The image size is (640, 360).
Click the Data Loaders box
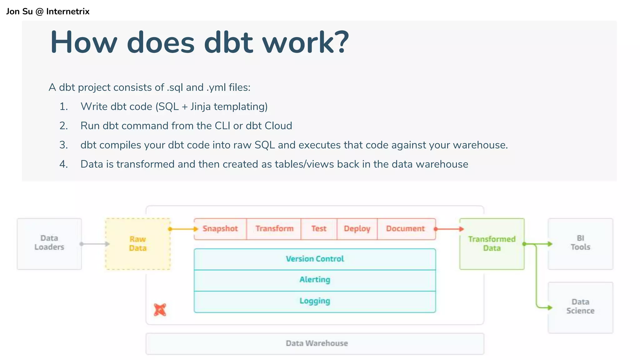tap(49, 243)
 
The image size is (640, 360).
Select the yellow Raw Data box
tap(138, 244)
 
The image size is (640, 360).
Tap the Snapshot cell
tap(220, 229)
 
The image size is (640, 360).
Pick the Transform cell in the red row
tap(274, 229)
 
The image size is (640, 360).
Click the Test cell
tap(319, 229)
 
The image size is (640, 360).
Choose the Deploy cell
tap(357, 229)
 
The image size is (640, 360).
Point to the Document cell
tap(405, 229)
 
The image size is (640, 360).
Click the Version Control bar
tap(315, 259)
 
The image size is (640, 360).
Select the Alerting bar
tap(315, 280)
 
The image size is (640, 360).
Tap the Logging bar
tap(315, 301)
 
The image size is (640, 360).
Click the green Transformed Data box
tap(492, 244)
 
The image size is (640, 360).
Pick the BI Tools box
tap(580, 243)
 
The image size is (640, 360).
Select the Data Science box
tap(580, 307)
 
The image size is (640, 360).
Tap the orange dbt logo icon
tap(160, 310)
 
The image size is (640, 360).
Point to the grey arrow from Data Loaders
tap(95, 244)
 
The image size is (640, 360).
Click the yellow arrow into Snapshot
tap(183, 229)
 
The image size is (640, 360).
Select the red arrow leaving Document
tap(449, 229)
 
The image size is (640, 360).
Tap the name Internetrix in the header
tap(68, 12)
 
